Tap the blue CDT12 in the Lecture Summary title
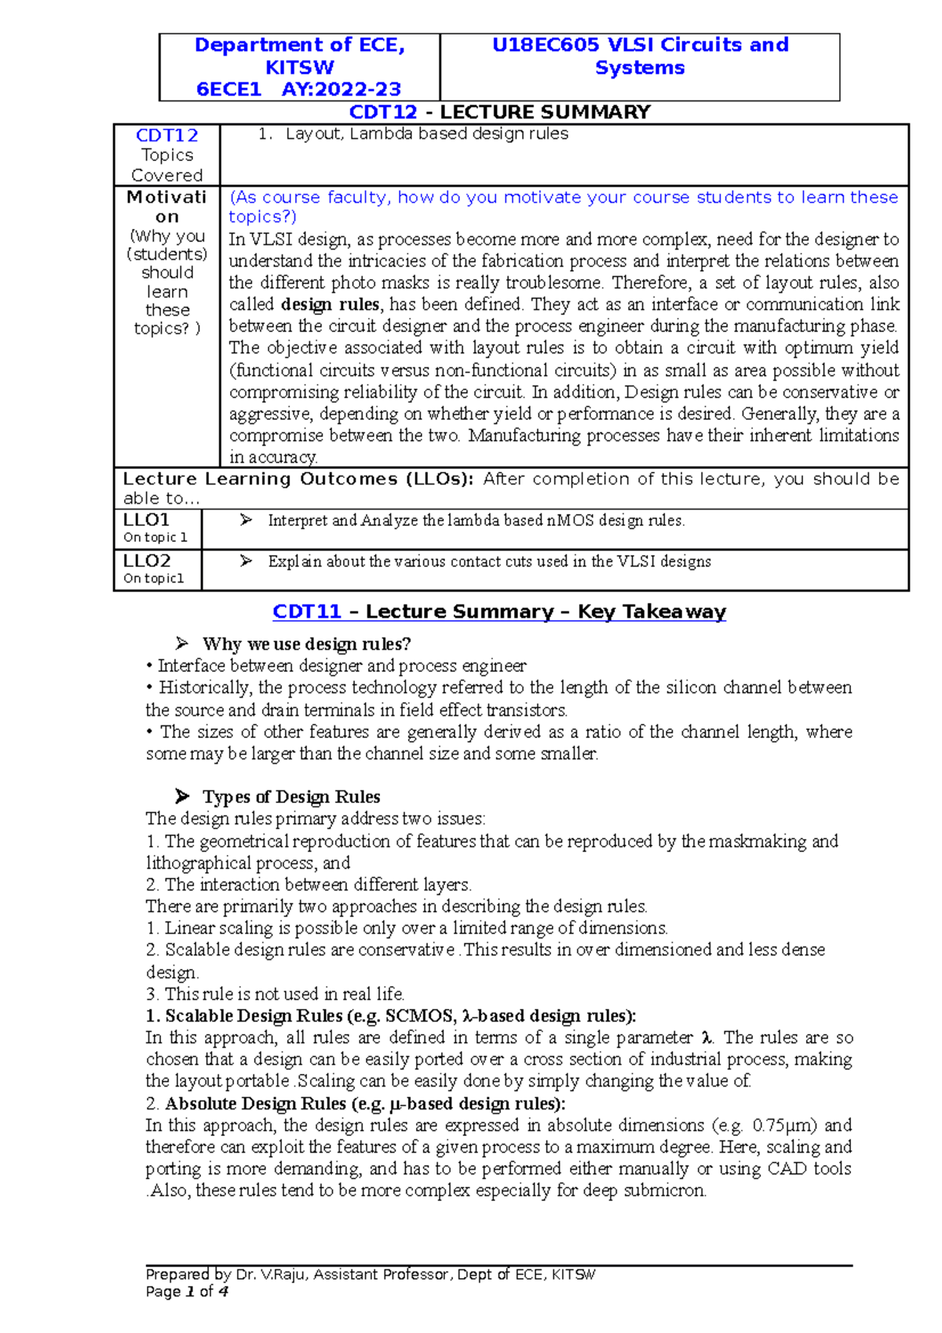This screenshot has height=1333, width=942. tap(383, 112)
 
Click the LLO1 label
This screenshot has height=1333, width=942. tap(147, 520)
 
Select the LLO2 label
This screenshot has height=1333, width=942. tap(147, 561)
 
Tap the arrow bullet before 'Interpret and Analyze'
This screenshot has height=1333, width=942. tap(246, 520)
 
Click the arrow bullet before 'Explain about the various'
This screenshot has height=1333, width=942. tap(246, 561)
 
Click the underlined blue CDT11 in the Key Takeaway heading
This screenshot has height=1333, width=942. tap(307, 612)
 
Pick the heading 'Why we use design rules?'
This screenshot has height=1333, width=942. tap(306, 644)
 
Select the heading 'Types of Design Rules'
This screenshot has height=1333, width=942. tap(291, 797)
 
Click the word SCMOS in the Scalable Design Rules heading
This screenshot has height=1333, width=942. tap(421, 1016)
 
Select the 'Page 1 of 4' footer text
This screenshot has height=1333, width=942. tap(187, 1292)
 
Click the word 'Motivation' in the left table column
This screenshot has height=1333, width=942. tap(166, 206)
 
